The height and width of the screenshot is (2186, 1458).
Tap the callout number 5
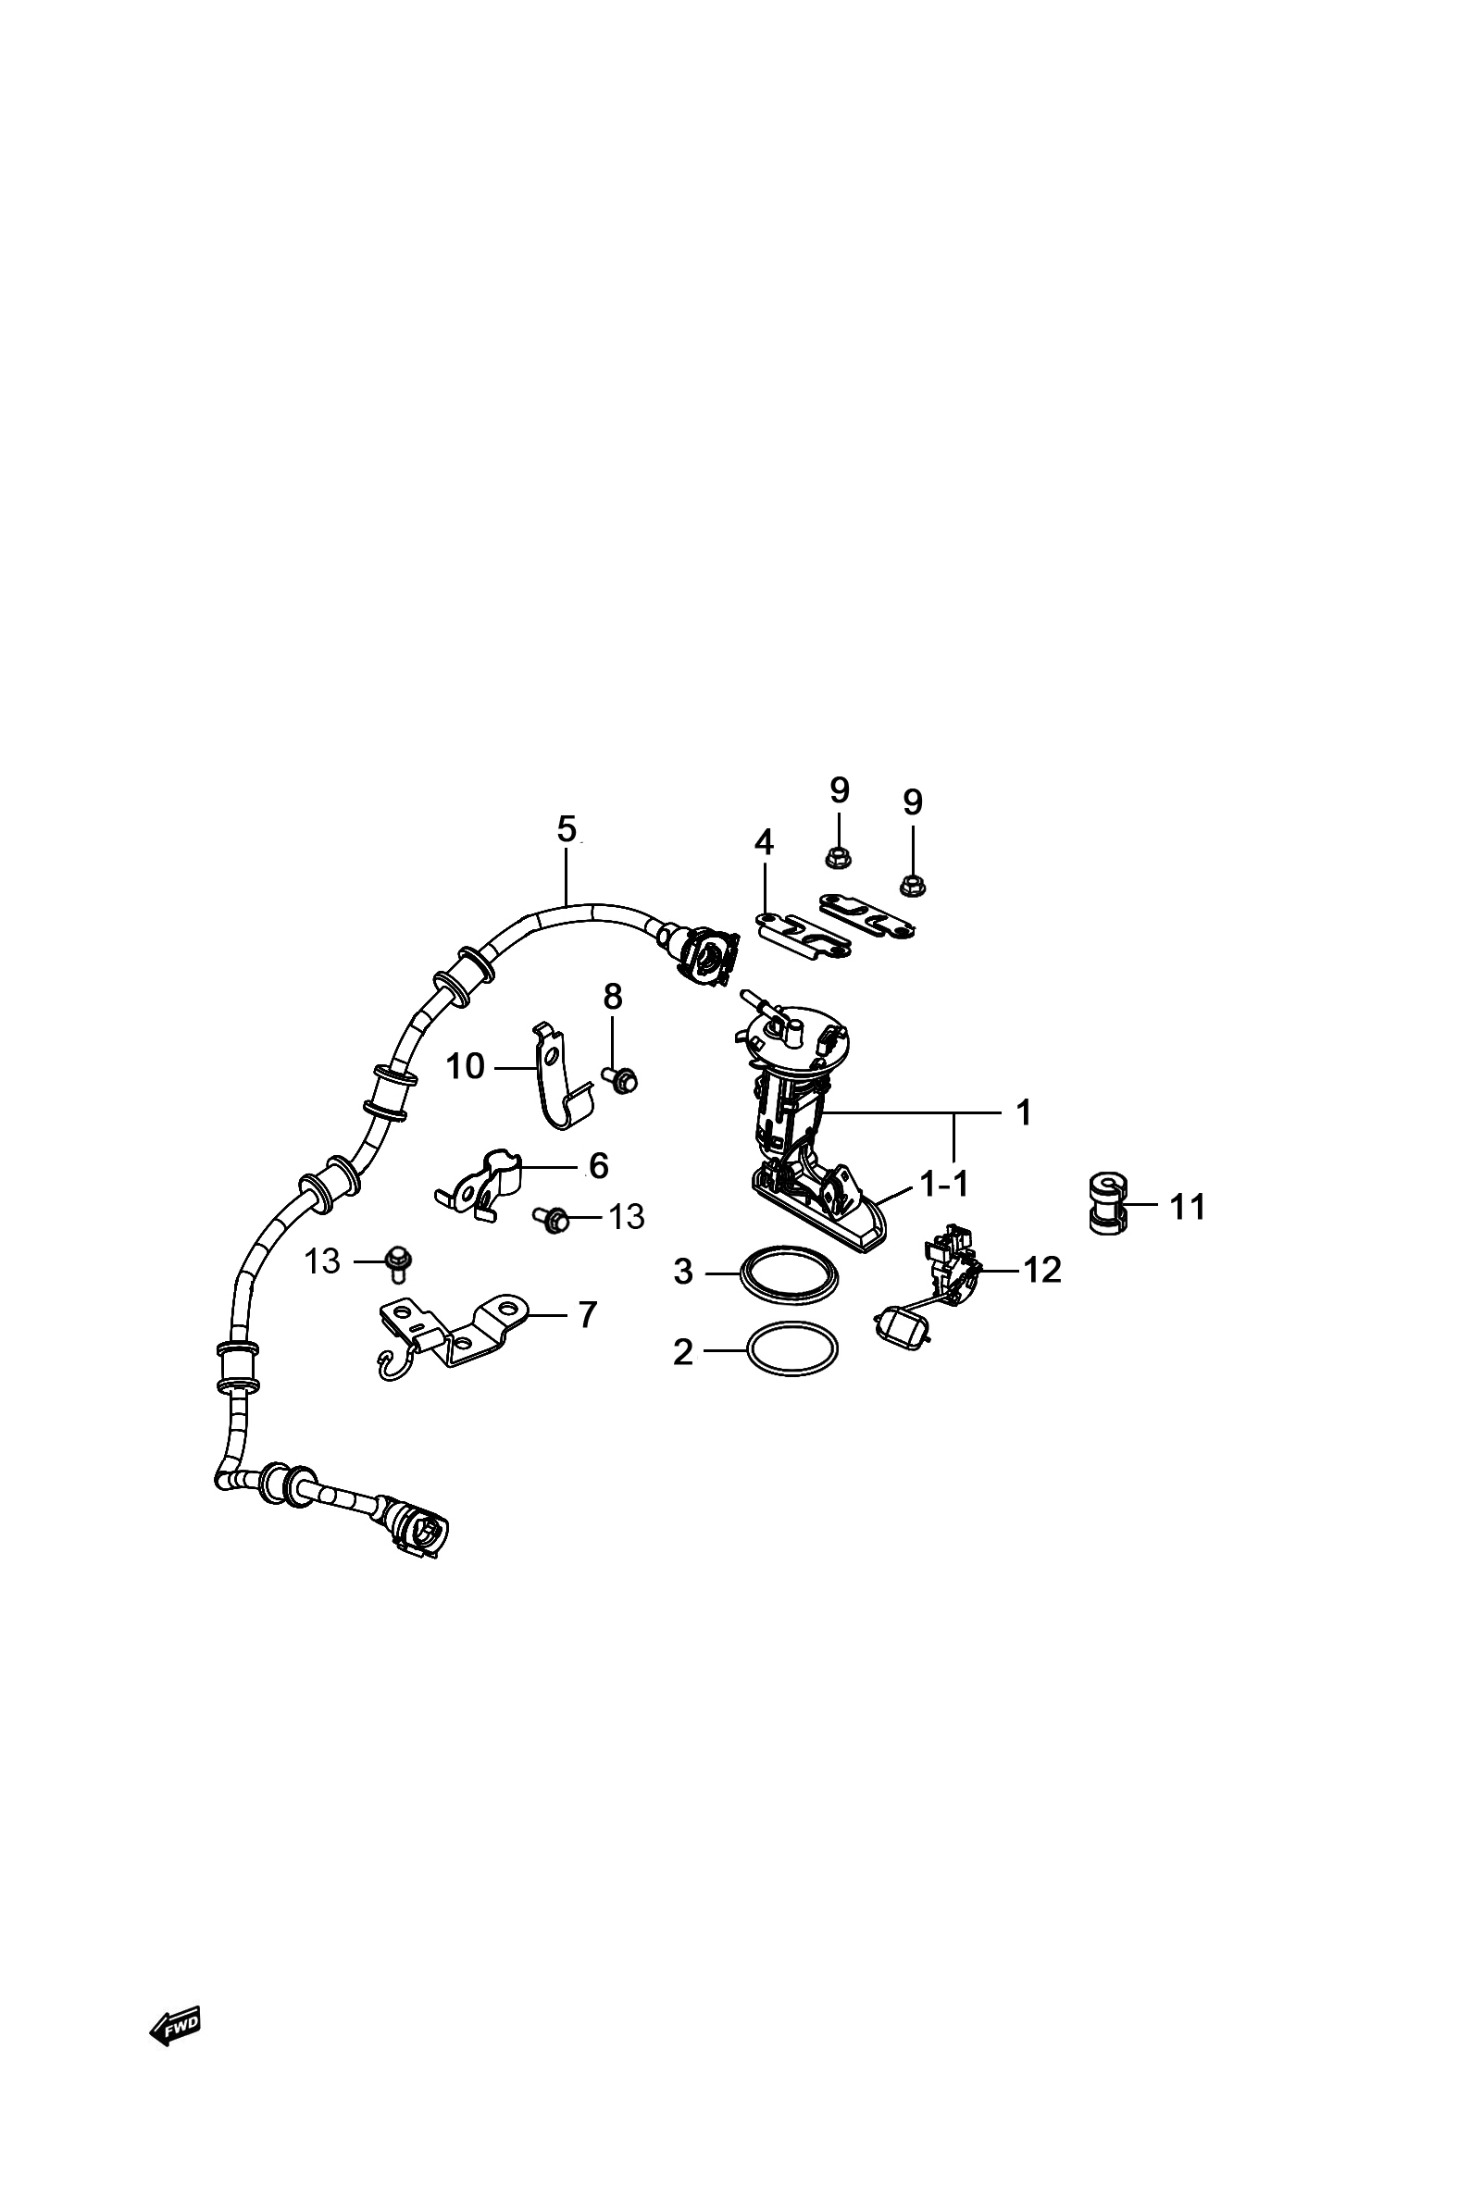567,828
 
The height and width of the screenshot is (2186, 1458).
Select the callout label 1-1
944,1183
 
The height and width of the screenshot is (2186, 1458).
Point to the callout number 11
1187,1207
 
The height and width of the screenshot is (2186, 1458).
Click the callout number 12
1042,1270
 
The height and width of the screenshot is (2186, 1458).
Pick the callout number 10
465,1066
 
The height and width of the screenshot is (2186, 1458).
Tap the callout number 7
587,1314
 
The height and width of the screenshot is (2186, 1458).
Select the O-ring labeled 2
792,1350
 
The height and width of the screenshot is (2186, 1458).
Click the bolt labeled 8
621,1080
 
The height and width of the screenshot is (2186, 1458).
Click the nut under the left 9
839,857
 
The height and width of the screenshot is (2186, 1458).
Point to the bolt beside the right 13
553,1218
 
